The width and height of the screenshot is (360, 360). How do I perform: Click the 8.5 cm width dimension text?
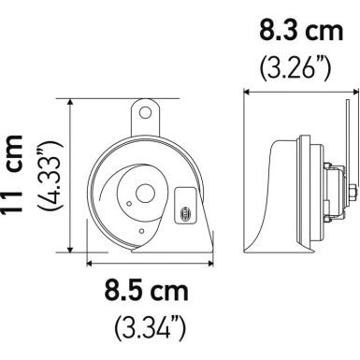pyautogui.click(x=147, y=290)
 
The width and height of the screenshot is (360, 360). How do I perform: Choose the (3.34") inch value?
pyautogui.click(x=147, y=327)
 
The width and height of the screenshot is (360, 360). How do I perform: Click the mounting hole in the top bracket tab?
pyautogui.click(x=146, y=111)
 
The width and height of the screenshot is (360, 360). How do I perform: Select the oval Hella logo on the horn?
pyautogui.click(x=183, y=215)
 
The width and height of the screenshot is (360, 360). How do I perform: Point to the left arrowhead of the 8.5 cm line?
pyautogui.click(x=87, y=263)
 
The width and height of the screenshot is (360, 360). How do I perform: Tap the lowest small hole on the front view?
pyautogui.click(x=140, y=231)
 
